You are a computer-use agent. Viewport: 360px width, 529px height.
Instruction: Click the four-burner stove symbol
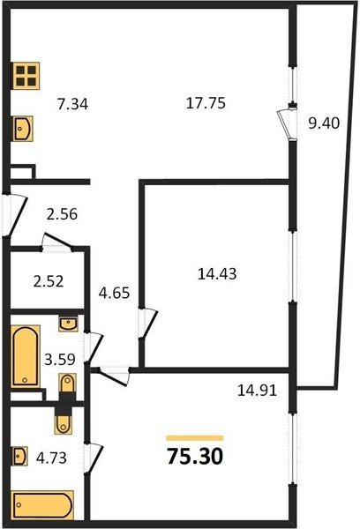26,76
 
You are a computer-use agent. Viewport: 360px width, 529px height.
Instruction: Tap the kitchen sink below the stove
23,128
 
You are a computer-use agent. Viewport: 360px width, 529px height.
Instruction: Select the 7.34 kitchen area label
72,104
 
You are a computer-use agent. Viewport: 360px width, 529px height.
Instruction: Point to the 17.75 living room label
206,103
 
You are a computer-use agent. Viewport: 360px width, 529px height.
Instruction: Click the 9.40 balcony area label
324,123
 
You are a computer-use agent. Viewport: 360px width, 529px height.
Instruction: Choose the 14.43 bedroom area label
217,273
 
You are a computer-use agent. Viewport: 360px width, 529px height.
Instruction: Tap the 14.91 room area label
258,391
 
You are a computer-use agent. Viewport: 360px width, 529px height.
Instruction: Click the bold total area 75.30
195,457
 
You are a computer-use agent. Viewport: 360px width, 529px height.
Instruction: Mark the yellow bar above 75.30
195,438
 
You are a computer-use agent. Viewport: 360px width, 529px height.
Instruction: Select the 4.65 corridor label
114,293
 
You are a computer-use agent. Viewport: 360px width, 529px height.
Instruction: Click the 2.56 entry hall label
62,214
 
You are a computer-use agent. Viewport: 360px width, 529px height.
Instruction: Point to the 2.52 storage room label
49,281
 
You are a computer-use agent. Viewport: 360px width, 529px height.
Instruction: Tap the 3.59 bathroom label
60,360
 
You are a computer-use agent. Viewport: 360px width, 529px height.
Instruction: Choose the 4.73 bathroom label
51,458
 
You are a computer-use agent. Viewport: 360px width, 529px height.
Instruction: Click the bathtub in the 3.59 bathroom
26,356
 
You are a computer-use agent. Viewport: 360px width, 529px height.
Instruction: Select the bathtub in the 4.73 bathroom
42,505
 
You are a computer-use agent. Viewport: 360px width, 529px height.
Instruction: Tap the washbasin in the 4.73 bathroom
19,456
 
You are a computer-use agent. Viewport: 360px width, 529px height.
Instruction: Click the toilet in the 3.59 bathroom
67,386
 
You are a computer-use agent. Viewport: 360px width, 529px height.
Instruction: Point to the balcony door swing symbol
287,123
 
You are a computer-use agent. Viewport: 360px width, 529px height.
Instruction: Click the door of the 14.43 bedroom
147,324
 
